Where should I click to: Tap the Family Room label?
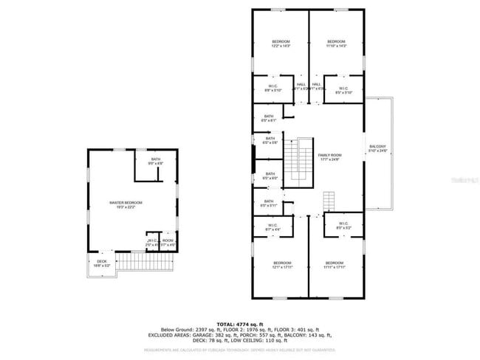(329, 156)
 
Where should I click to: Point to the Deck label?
(101, 261)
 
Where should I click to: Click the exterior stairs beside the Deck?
(134, 261)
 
